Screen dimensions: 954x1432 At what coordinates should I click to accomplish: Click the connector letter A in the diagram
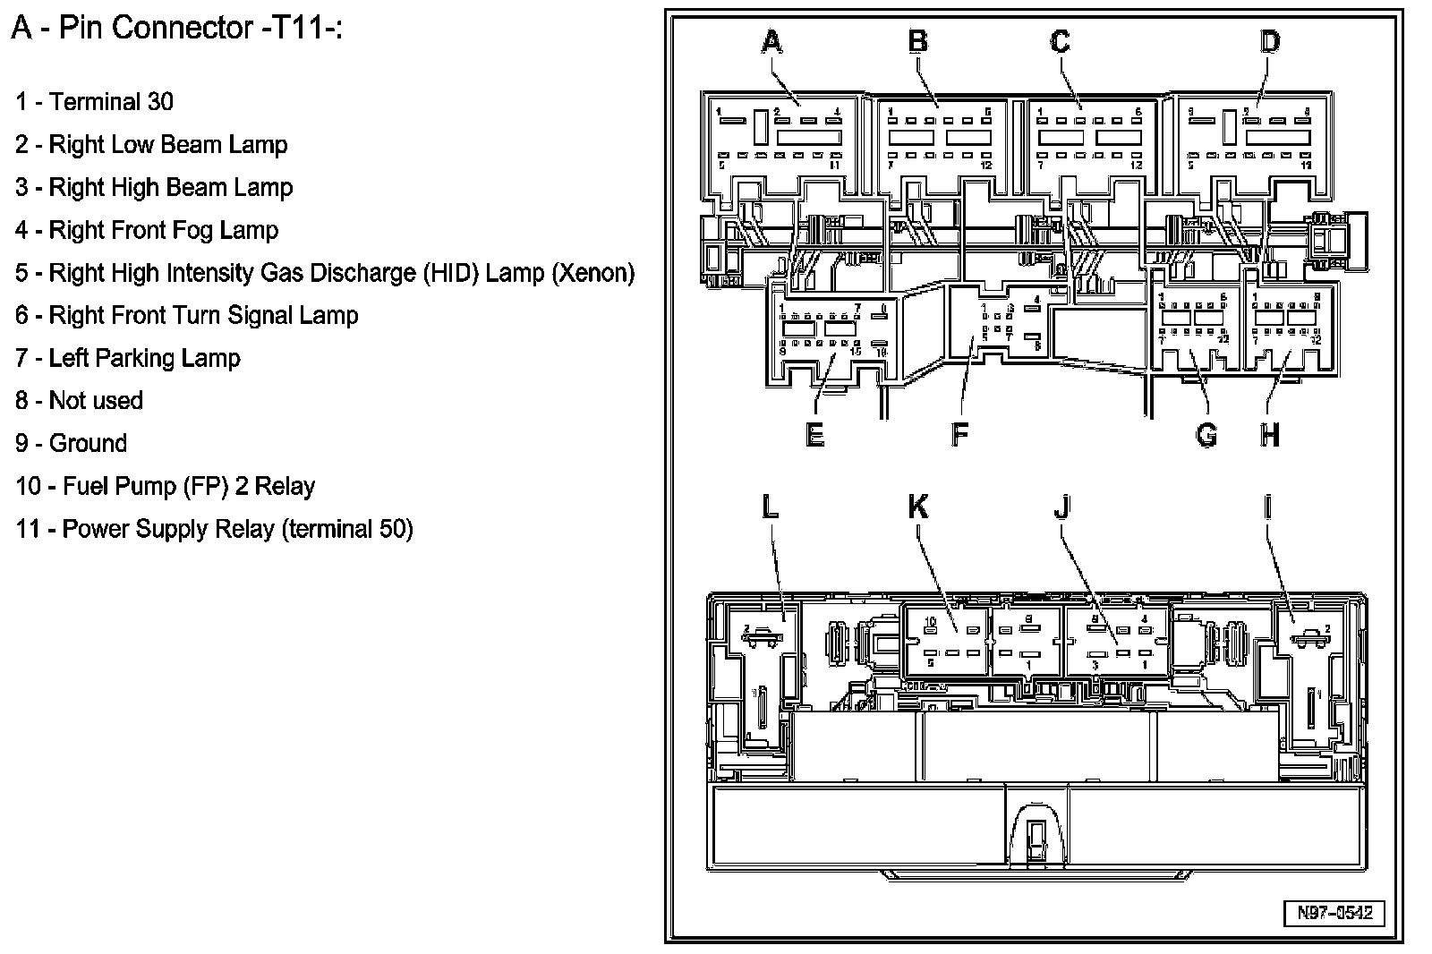point(771,42)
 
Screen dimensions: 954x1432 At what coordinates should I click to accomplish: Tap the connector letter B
point(917,42)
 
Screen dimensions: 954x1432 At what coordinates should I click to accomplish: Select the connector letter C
point(1060,42)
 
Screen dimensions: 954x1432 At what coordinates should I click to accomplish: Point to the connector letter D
point(1270,42)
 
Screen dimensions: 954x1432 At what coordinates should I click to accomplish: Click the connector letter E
point(814,435)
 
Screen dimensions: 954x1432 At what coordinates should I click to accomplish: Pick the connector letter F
point(959,435)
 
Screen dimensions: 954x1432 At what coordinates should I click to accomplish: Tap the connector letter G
point(1206,435)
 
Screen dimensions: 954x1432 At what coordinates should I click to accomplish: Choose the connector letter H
point(1269,435)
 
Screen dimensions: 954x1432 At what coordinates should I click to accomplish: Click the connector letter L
point(770,507)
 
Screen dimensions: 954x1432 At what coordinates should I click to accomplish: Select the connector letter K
point(918,507)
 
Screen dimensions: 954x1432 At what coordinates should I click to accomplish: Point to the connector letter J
point(1061,507)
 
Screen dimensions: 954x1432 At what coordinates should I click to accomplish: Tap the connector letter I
point(1268,507)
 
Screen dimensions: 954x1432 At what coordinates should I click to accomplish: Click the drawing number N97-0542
point(1334,914)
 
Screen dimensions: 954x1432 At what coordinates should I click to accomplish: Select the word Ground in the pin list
point(88,443)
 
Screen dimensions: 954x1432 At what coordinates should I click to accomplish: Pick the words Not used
point(96,400)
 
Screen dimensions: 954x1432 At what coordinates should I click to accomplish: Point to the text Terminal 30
point(111,101)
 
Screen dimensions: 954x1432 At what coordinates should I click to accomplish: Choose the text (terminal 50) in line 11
point(347,529)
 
